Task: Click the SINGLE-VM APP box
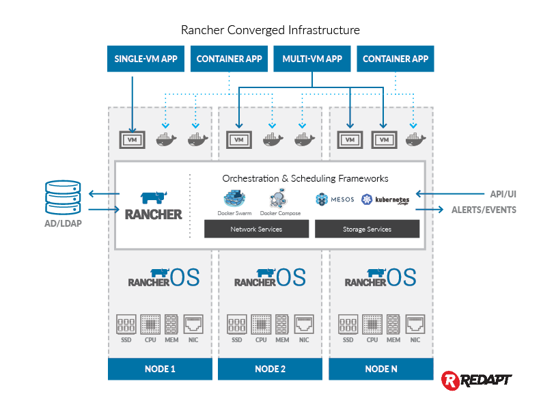[146, 59]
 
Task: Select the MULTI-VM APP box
[312, 59]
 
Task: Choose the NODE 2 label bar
[270, 369]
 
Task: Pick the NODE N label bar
[380, 369]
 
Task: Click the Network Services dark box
[256, 229]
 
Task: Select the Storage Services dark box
[367, 229]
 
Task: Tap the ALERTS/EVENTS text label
[484, 210]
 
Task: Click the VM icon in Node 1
[133, 140]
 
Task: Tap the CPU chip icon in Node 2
[261, 322]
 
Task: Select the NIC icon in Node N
[415, 322]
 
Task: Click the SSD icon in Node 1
[126, 322]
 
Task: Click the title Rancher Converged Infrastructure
[270, 30]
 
